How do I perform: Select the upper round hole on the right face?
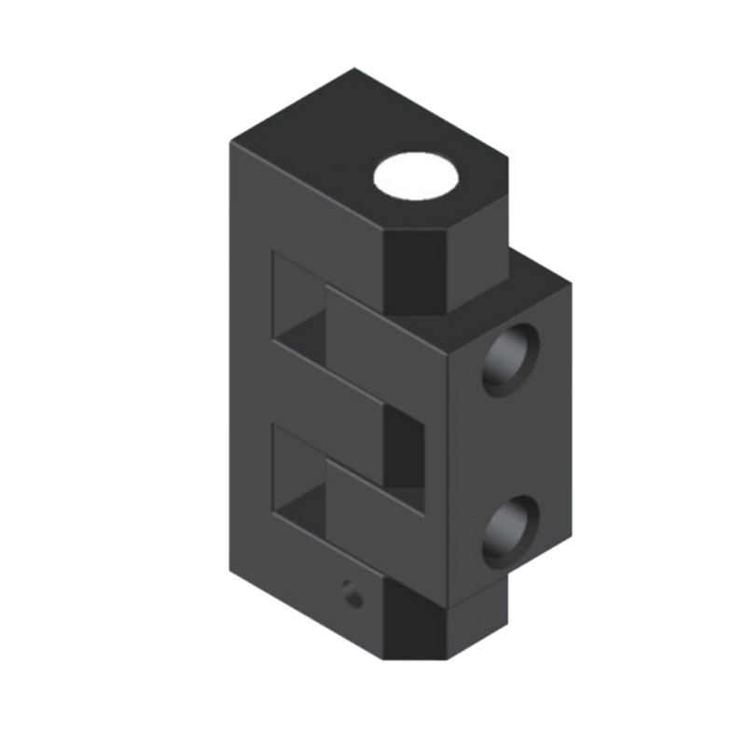pyautogui.click(x=509, y=359)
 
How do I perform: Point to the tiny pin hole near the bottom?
pyautogui.click(x=352, y=593)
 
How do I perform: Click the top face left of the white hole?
pyautogui.click(x=317, y=140)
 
